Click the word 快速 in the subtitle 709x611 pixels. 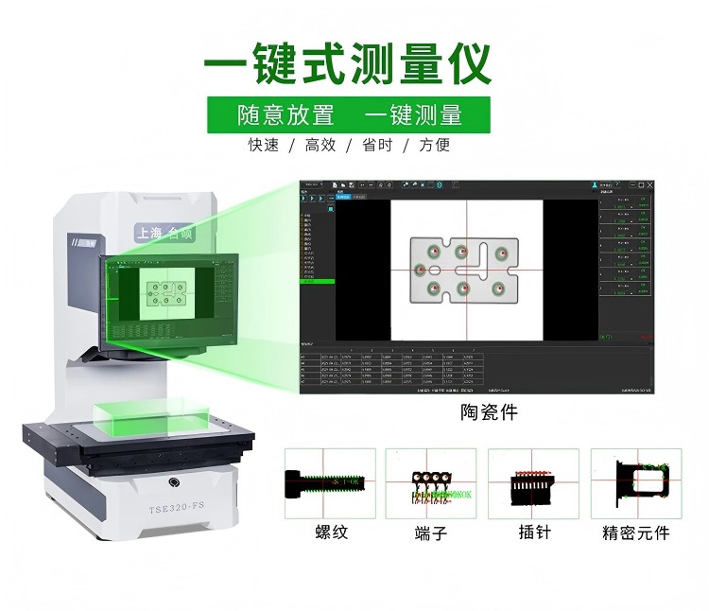pyautogui.click(x=264, y=146)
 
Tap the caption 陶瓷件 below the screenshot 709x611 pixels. pyautogui.click(x=489, y=412)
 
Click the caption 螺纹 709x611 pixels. pyautogui.click(x=331, y=532)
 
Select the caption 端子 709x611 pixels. pyautogui.click(x=430, y=532)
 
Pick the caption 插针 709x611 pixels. pyautogui.click(x=533, y=532)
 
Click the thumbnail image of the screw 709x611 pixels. pyautogui.click(x=330, y=482)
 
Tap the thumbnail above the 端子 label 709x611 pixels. pyautogui.click(x=431, y=482)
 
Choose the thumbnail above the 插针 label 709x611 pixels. pyautogui.click(x=532, y=482)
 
